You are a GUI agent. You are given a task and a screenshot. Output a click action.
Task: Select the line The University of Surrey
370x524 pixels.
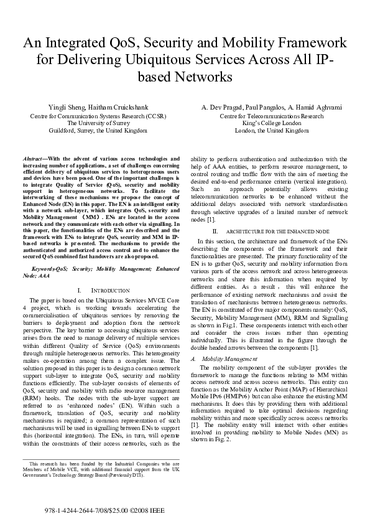click(x=98, y=123)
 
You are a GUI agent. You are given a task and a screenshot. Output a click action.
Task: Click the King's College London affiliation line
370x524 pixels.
click(x=272, y=123)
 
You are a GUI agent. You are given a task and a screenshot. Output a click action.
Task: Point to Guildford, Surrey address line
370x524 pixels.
click(x=98, y=131)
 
